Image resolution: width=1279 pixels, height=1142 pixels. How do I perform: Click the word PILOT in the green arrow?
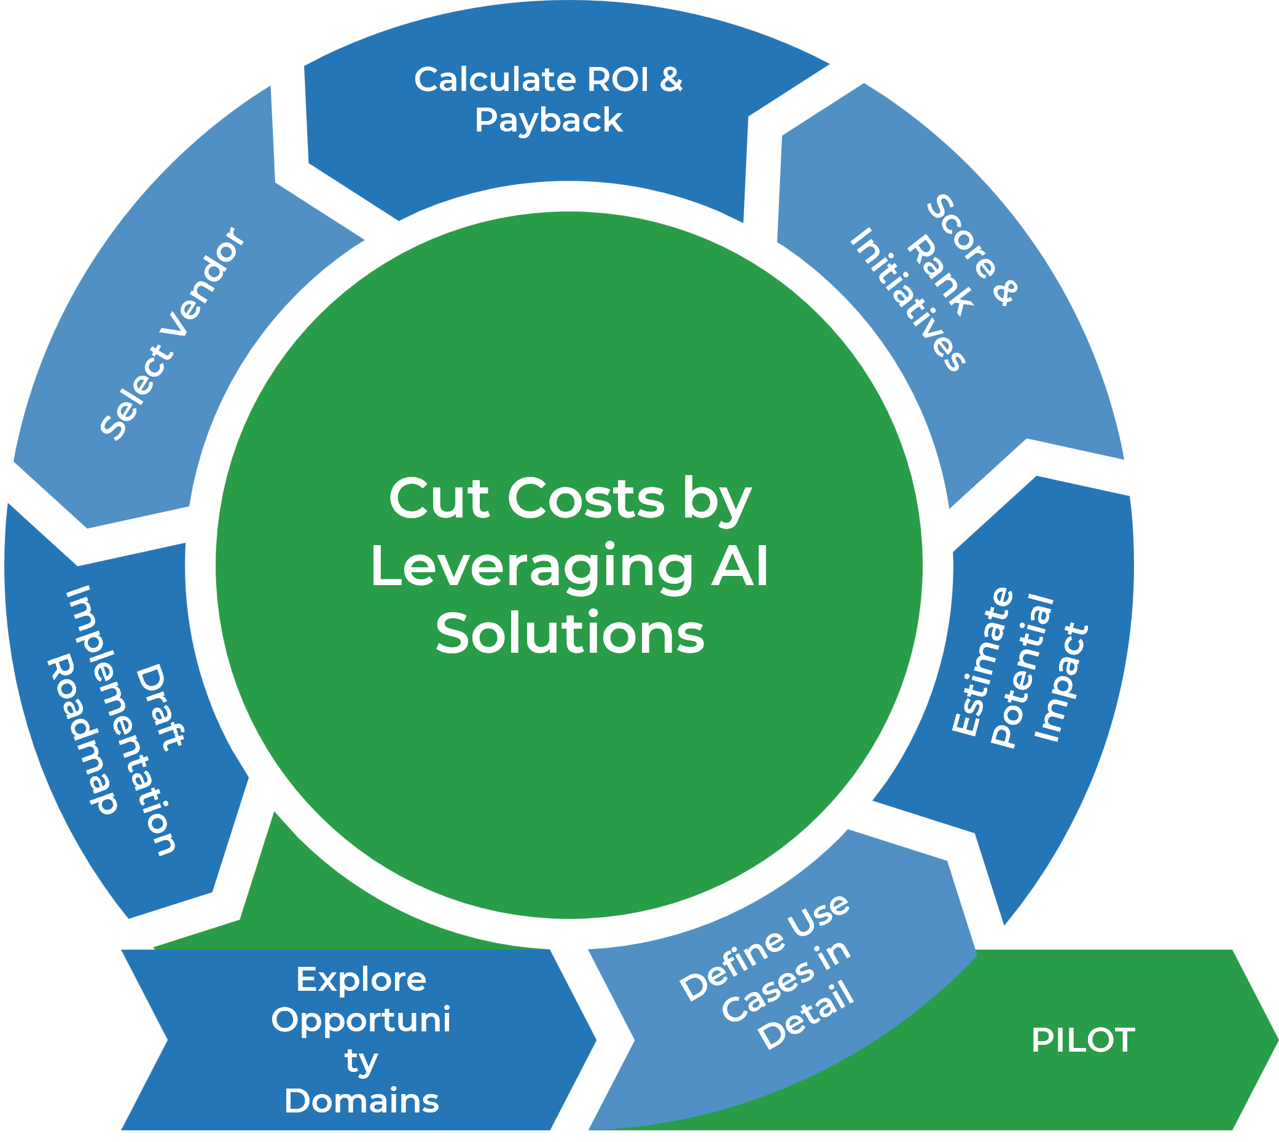pyautogui.click(x=1082, y=1040)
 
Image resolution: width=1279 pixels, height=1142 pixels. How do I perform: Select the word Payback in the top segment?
pyautogui.click(x=548, y=120)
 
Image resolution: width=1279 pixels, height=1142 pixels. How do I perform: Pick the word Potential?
pyautogui.click(x=1022, y=671)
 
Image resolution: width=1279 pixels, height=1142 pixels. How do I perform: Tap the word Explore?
pyautogui.click(x=361, y=980)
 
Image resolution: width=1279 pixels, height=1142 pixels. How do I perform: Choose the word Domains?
pyautogui.click(x=361, y=1101)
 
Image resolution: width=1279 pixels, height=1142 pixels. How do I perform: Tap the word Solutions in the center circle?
pyautogui.click(x=569, y=634)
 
